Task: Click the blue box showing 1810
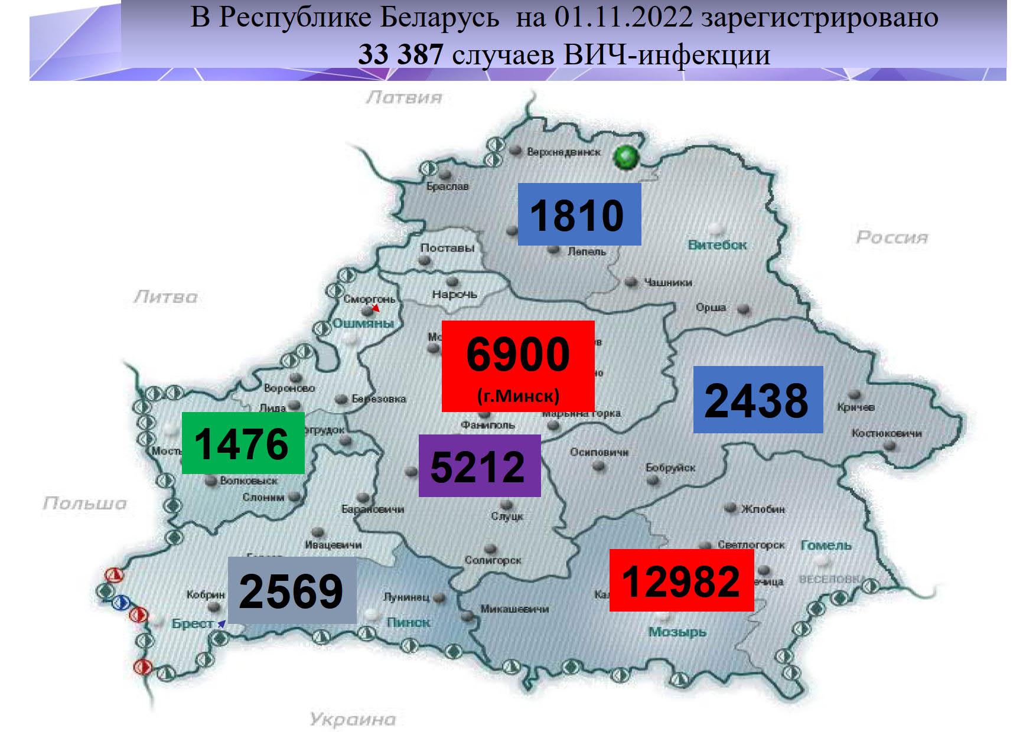click(x=579, y=214)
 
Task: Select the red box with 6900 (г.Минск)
click(x=518, y=366)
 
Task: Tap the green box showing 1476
click(x=243, y=443)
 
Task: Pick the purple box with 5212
click(x=479, y=466)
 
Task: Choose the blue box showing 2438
click(x=758, y=400)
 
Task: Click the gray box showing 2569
click(x=292, y=590)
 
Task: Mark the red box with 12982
click(x=681, y=580)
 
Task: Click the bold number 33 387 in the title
click(x=400, y=55)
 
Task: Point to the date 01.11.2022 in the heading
click(x=623, y=17)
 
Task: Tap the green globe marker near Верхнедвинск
click(x=626, y=157)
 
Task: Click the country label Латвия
click(x=404, y=97)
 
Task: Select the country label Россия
click(x=892, y=237)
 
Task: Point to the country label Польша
click(x=85, y=503)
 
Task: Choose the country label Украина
click(x=353, y=719)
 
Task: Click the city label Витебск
click(x=717, y=244)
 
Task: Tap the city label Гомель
click(x=826, y=545)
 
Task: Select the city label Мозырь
click(x=677, y=632)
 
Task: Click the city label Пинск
click(x=408, y=622)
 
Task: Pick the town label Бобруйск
click(x=670, y=468)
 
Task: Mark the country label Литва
click(x=166, y=296)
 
